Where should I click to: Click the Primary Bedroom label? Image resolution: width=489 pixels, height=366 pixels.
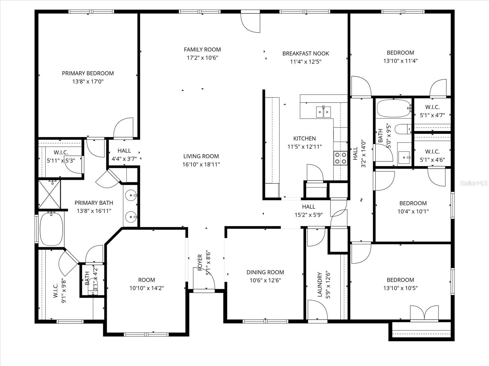[x=88, y=74]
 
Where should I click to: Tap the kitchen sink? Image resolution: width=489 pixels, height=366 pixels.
[x=323, y=112]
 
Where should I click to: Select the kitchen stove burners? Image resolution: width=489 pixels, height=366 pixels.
[x=340, y=158]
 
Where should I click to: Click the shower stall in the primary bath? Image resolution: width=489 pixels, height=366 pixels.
[x=50, y=194]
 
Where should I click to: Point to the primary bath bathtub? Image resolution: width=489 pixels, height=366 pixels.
[x=51, y=229]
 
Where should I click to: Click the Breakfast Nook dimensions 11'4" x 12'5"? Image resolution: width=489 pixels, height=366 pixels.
[x=306, y=61]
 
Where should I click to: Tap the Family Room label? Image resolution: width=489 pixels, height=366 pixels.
[x=202, y=49]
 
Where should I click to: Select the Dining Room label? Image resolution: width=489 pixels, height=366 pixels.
[x=265, y=272]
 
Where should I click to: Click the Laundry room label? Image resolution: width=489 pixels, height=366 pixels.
[x=320, y=284]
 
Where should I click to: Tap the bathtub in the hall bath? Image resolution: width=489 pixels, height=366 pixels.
[x=393, y=109]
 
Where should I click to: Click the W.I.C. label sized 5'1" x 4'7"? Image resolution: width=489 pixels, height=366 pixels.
[x=432, y=107]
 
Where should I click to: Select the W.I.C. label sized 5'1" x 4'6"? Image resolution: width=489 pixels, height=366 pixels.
[x=432, y=152]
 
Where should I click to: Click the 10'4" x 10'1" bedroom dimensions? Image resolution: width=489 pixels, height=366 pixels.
[x=413, y=211]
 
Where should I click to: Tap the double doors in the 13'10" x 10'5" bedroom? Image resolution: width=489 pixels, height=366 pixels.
[x=424, y=313]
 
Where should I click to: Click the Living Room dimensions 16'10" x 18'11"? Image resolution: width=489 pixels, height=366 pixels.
[x=201, y=164]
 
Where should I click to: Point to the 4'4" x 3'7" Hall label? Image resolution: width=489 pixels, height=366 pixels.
[x=124, y=151]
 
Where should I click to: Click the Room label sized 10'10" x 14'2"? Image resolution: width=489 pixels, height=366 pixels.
[x=146, y=280]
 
